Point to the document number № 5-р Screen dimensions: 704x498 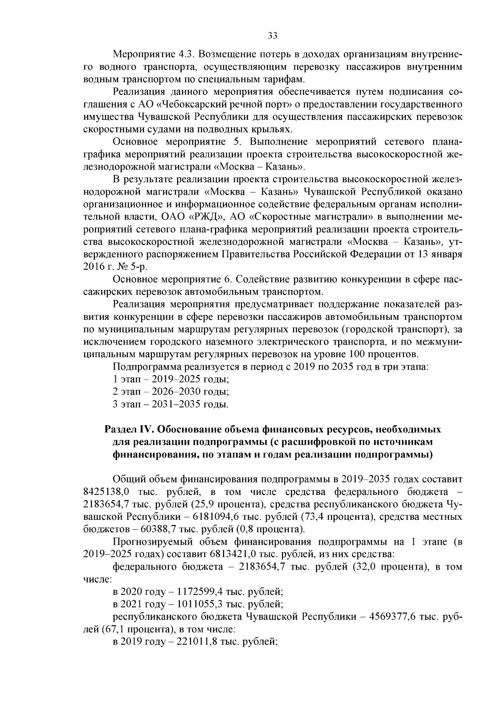point(130,266)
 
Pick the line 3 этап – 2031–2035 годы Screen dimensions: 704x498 point(171,404)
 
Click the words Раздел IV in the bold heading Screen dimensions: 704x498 point(129,429)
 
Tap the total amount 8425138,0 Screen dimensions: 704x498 point(107,492)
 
